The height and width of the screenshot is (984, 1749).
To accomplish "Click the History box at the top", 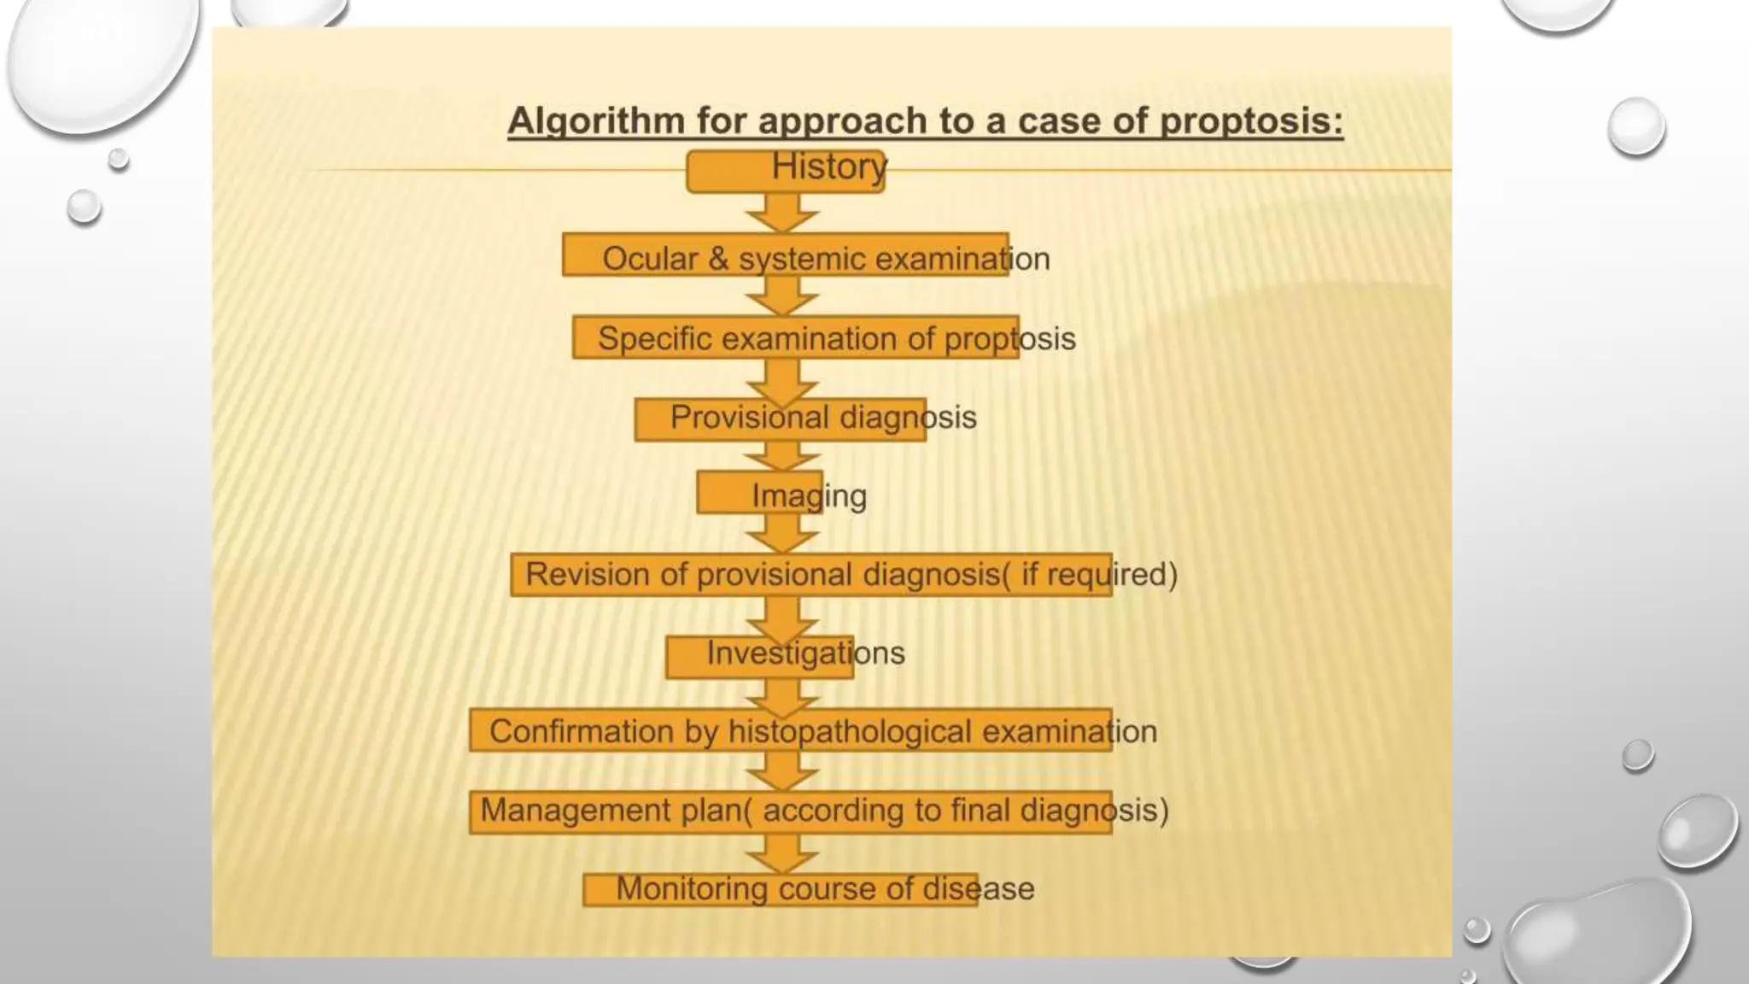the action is click(786, 171).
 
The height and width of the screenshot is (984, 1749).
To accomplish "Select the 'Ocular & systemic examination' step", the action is click(786, 255).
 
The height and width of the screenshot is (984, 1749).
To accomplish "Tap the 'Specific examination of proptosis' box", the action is click(795, 338).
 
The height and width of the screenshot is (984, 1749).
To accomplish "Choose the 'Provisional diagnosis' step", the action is click(780, 419).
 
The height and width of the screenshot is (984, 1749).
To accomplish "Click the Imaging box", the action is click(760, 494).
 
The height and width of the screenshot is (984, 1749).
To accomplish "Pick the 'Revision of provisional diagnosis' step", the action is click(810, 575).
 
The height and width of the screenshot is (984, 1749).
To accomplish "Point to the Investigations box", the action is click(759, 656).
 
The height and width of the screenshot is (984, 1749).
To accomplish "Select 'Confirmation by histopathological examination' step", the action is click(790, 731).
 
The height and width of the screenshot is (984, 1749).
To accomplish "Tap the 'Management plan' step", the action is click(790, 811).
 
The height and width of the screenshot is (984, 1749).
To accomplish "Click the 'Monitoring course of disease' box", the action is click(780, 890).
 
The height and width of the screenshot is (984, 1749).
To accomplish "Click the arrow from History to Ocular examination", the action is click(781, 212).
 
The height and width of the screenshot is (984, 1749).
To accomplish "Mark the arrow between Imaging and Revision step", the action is click(781, 535).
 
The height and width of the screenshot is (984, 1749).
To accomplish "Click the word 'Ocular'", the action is click(650, 259).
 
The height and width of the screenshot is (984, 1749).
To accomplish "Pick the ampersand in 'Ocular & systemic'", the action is click(718, 259).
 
